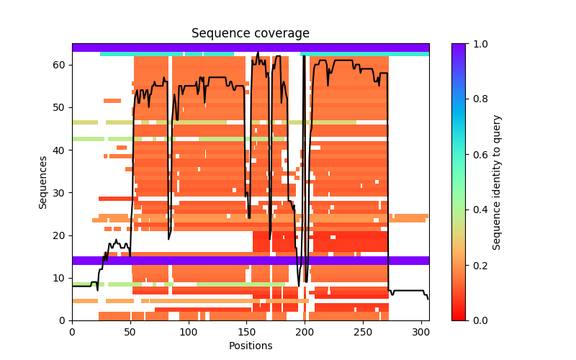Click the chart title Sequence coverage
click(251, 33)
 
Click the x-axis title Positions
click(251, 346)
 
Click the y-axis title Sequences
click(43, 182)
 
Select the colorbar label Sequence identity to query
click(497, 182)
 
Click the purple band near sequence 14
click(251, 261)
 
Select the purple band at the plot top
click(251, 48)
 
